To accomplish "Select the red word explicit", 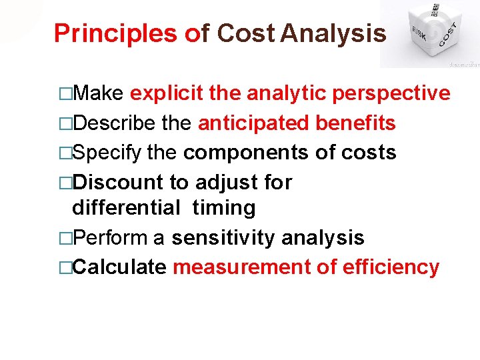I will pyautogui.click(x=167, y=94).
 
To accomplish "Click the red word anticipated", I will pyautogui.click(x=254, y=123).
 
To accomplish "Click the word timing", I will pyautogui.click(x=224, y=208).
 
